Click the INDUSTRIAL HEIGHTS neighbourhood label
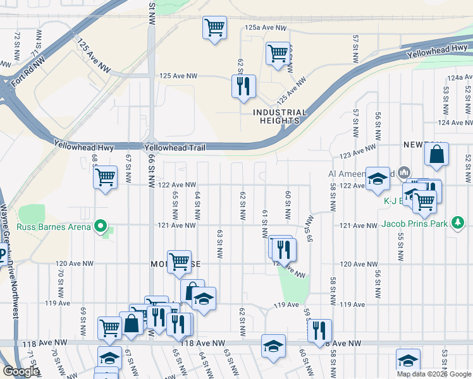pyautogui.click(x=280, y=116)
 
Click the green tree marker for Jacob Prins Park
pyautogui.click(x=460, y=222)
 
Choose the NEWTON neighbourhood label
pyautogui.click(x=418, y=145)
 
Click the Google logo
pyautogui.click(x=21, y=371)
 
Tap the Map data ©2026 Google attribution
pyautogui.click(x=434, y=374)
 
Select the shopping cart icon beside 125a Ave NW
pyautogui.click(x=215, y=27)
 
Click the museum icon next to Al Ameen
pyautogui.click(x=405, y=172)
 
